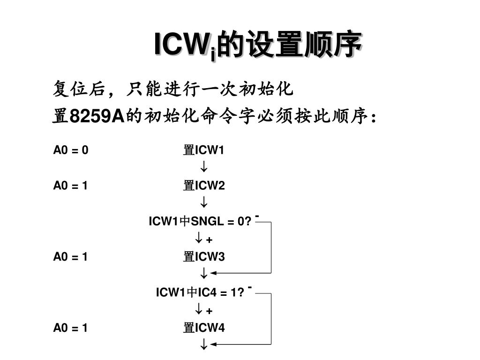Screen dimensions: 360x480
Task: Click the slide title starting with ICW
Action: pos(258,45)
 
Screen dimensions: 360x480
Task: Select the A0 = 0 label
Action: pos(70,150)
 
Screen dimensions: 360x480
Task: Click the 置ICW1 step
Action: pos(204,150)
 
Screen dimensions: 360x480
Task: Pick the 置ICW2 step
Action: pos(204,186)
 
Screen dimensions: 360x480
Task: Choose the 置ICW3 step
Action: pos(204,257)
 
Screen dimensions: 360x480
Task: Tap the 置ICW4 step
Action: pos(204,328)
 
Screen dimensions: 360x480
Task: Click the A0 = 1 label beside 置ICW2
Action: pos(70,186)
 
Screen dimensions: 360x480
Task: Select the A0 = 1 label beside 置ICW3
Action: pos(70,257)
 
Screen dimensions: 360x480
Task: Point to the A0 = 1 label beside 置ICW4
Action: pos(70,328)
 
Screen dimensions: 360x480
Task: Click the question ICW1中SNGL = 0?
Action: pos(201,221)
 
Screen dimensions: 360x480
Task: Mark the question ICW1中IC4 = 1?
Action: pos(200,292)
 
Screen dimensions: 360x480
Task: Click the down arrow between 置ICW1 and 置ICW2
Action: pos(204,167)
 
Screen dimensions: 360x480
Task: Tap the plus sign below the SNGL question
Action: pos(209,240)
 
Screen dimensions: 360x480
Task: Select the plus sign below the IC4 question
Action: pos(209,311)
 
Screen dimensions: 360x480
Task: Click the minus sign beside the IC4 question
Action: pos(251,287)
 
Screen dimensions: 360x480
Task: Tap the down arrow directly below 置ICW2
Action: pos(204,203)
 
